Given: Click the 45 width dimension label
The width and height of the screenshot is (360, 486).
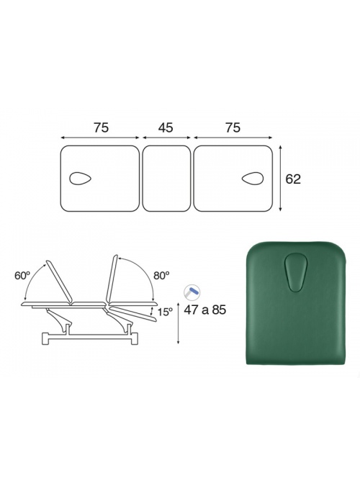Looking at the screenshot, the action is point(166,127).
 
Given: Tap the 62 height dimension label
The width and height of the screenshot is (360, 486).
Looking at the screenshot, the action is point(293,179).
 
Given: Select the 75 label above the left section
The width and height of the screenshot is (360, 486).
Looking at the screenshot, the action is point(101,127).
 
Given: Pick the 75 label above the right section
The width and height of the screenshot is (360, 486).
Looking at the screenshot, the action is point(233,127).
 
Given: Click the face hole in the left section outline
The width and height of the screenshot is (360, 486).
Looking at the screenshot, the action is point(80,179).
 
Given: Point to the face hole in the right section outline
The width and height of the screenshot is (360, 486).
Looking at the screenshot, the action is point(253,179).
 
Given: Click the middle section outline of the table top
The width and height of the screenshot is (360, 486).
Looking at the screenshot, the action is point(166,179).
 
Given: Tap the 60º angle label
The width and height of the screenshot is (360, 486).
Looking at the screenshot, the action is point(22,276).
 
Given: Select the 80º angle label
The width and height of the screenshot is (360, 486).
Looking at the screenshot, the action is point(161,276).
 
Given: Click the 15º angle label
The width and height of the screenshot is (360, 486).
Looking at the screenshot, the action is point(165,312).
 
